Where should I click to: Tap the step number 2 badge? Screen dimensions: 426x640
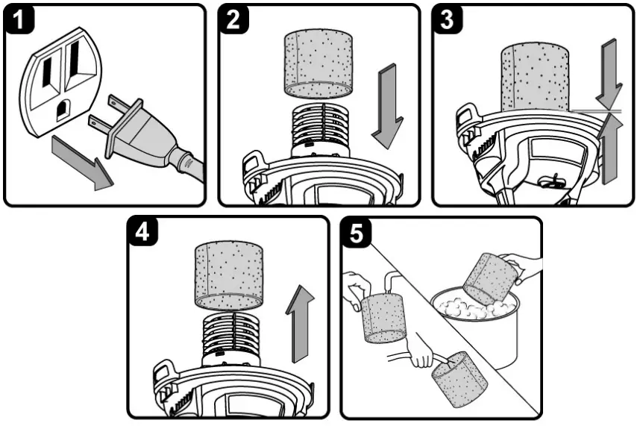(x=233, y=20)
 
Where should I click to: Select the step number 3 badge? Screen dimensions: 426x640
(x=448, y=20)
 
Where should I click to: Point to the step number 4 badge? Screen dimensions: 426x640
(x=141, y=233)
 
